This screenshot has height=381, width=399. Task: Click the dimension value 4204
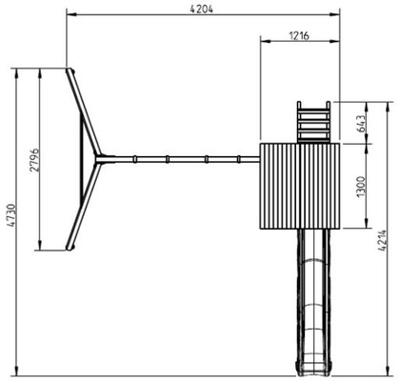click(202, 9)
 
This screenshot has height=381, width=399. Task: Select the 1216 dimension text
click(299, 35)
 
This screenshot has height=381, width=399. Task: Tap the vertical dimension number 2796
click(34, 160)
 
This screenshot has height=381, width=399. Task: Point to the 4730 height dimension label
click(10, 216)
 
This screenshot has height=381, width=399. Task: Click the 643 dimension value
click(362, 124)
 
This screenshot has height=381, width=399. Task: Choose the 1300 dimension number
click(362, 187)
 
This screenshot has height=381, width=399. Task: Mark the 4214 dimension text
click(383, 241)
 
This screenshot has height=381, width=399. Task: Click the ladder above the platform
click(313, 122)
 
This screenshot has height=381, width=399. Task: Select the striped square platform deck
click(300, 186)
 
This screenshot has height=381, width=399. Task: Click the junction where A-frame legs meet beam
click(99, 159)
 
